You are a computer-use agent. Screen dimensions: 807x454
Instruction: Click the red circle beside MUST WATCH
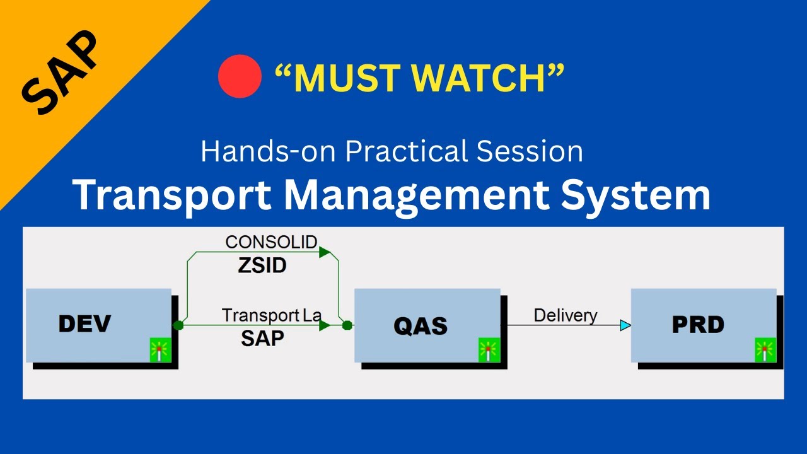click(x=240, y=76)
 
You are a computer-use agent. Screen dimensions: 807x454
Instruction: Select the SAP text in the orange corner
click(x=60, y=72)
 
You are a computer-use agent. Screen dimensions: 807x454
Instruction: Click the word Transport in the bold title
click(x=172, y=195)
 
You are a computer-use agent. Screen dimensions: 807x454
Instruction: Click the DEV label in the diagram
click(x=84, y=323)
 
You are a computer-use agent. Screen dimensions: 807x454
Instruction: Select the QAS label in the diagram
click(x=421, y=326)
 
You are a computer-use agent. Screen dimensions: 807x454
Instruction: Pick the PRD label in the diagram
click(x=698, y=324)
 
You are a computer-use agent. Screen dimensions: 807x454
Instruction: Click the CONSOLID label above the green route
click(x=271, y=242)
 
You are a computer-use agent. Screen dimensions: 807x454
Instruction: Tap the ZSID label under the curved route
click(x=262, y=265)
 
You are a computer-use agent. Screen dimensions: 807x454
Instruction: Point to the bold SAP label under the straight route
click(x=262, y=339)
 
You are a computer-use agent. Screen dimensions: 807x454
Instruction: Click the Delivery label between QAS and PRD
click(x=566, y=316)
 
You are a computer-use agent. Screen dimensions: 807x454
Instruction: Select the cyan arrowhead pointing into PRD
click(x=625, y=325)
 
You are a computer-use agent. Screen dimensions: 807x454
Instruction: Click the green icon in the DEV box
click(x=161, y=350)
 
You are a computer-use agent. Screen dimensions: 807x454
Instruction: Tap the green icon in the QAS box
click(x=489, y=350)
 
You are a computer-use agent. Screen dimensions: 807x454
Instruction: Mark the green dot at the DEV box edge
click(x=178, y=325)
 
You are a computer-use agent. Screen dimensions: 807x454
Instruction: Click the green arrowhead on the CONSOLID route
click(x=325, y=252)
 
